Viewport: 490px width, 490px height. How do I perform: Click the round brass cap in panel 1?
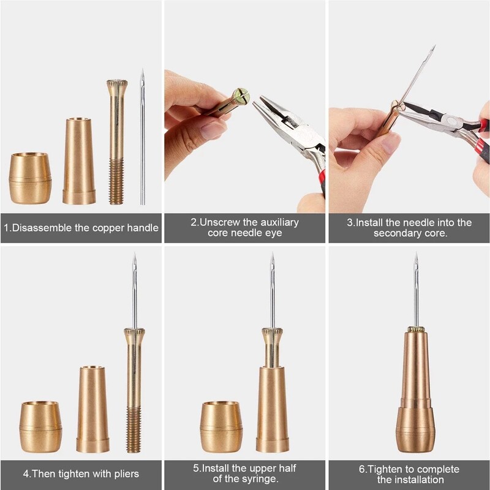[30, 178]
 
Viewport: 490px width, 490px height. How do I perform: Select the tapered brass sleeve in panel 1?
[79, 161]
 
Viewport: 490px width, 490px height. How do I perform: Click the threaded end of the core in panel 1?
[116, 182]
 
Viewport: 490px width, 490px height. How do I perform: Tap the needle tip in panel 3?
[432, 48]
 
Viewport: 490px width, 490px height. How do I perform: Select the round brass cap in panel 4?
[40, 426]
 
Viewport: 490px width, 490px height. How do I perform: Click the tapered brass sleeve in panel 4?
[92, 409]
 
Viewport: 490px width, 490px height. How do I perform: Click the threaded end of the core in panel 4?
[134, 431]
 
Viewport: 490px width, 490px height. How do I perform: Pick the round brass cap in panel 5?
[221, 426]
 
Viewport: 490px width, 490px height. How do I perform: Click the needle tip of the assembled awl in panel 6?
[415, 257]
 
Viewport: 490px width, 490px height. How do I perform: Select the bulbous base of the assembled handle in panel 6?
[415, 428]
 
